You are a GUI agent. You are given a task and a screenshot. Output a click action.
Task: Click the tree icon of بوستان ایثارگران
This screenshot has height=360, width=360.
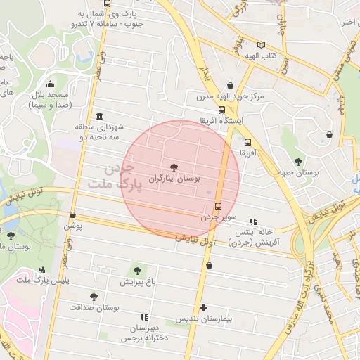click(x=174, y=167)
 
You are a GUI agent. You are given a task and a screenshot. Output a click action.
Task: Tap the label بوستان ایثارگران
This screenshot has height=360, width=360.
click(x=174, y=180)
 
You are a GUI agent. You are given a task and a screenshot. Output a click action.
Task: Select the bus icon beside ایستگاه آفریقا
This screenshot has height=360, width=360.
click(x=222, y=110)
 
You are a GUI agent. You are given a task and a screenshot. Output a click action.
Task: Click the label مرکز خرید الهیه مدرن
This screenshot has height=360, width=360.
click(x=224, y=96)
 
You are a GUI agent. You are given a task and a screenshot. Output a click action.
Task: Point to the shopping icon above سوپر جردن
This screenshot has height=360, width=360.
click(x=218, y=207)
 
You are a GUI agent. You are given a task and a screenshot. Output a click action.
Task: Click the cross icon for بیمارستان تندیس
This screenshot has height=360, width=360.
click(x=204, y=307)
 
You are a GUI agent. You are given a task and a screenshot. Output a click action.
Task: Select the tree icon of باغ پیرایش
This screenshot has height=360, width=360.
click(x=137, y=270)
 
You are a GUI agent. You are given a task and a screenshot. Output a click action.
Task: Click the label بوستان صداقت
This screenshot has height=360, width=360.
click(x=95, y=308)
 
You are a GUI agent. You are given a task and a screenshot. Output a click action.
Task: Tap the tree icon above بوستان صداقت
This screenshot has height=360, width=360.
click(x=94, y=297)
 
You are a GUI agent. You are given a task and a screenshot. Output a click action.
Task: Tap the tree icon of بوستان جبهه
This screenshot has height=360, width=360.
click(x=299, y=162)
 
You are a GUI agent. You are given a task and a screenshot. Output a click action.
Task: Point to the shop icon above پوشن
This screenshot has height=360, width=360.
click(x=73, y=214)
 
